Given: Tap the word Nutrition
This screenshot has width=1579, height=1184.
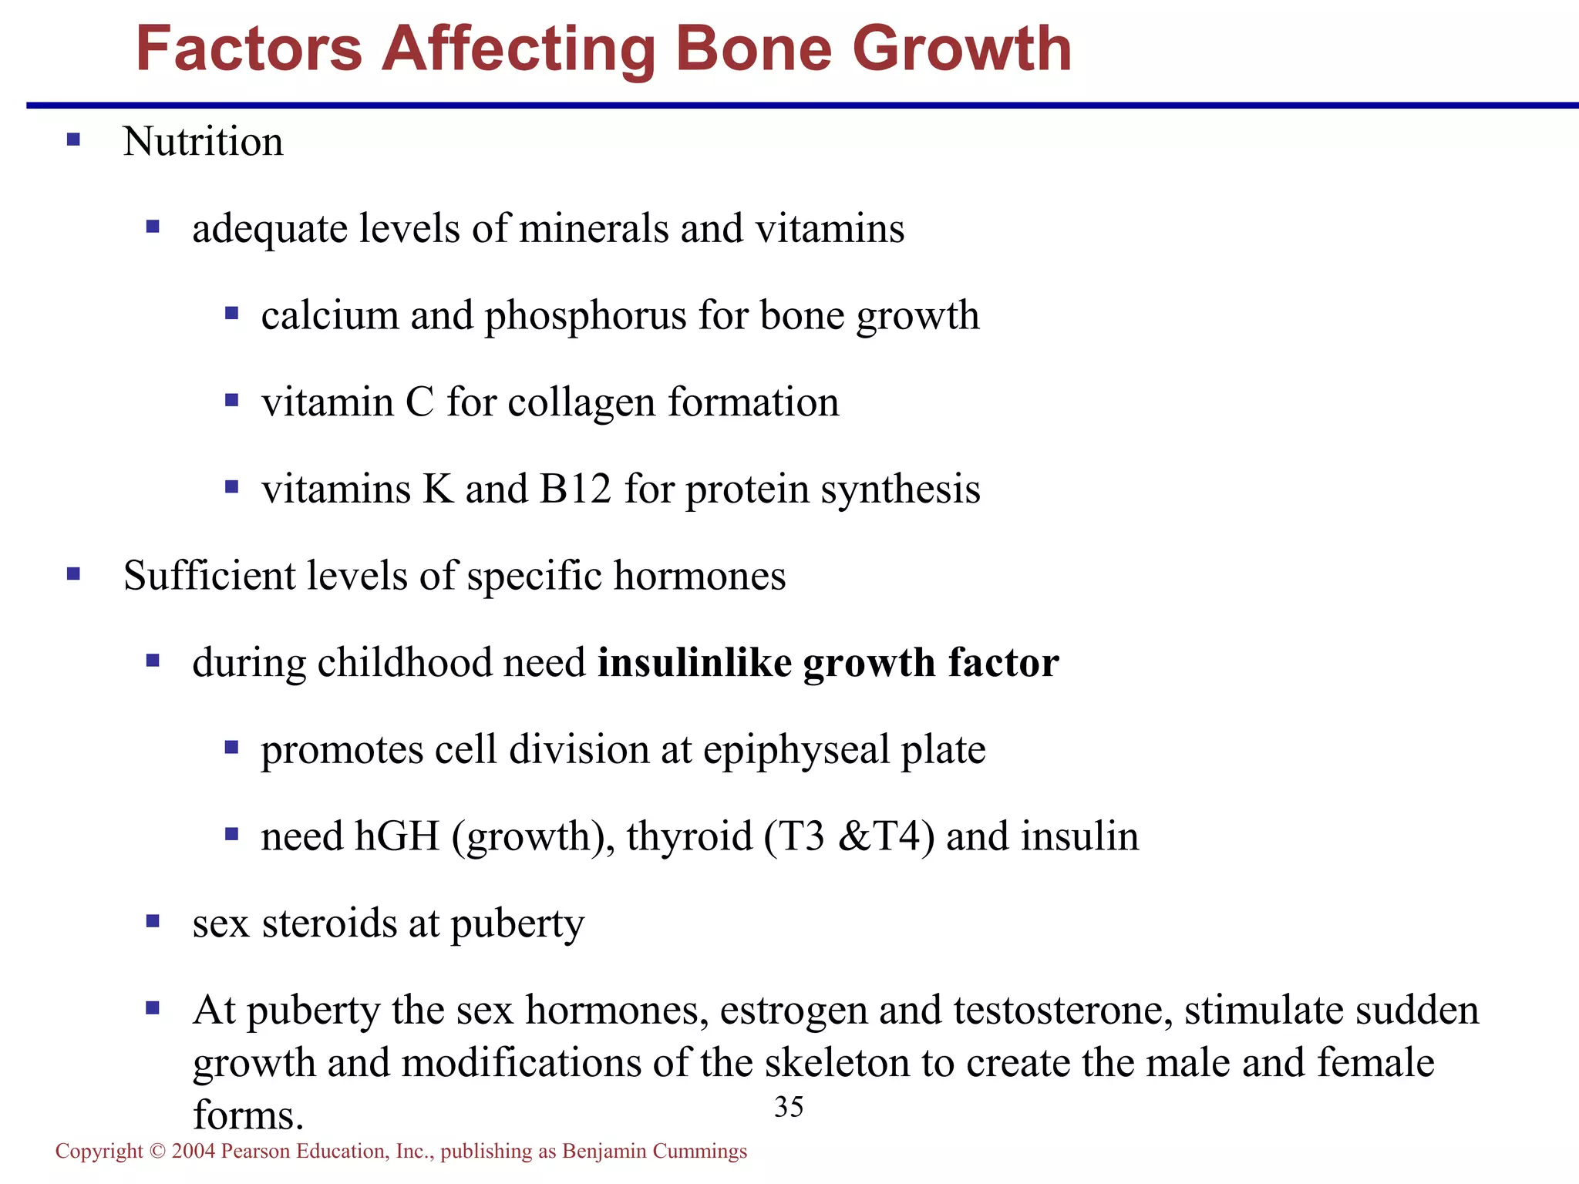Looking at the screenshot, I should click(203, 142).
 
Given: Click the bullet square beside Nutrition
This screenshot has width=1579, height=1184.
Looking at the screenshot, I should click(73, 140).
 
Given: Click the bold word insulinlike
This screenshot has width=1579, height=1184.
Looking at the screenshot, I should click(695, 663).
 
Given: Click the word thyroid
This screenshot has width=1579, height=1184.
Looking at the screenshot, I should click(689, 837).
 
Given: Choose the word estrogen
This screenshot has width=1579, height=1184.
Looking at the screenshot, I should click(793, 1011).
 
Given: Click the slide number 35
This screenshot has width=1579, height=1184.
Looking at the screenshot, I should click(789, 1107).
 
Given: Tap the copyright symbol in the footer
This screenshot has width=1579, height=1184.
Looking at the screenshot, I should click(158, 1152).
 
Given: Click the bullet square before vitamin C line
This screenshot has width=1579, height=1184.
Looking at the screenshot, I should click(231, 400).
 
